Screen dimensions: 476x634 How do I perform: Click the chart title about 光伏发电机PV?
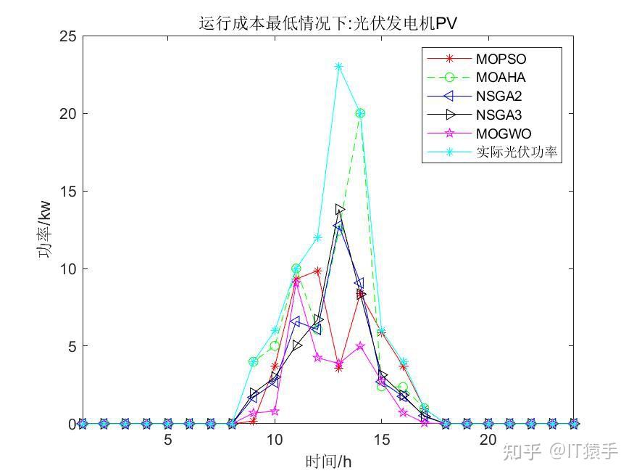[x=328, y=23]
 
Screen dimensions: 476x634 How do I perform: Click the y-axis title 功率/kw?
[x=46, y=230]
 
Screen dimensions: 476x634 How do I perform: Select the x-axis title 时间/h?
[x=328, y=461]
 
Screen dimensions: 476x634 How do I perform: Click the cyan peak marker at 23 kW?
[x=338, y=67]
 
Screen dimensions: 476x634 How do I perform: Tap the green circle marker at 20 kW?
[x=360, y=113]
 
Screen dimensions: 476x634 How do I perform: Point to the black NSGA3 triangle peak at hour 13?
[x=339, y=210]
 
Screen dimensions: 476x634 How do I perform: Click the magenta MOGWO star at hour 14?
[x=360, y=346]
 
